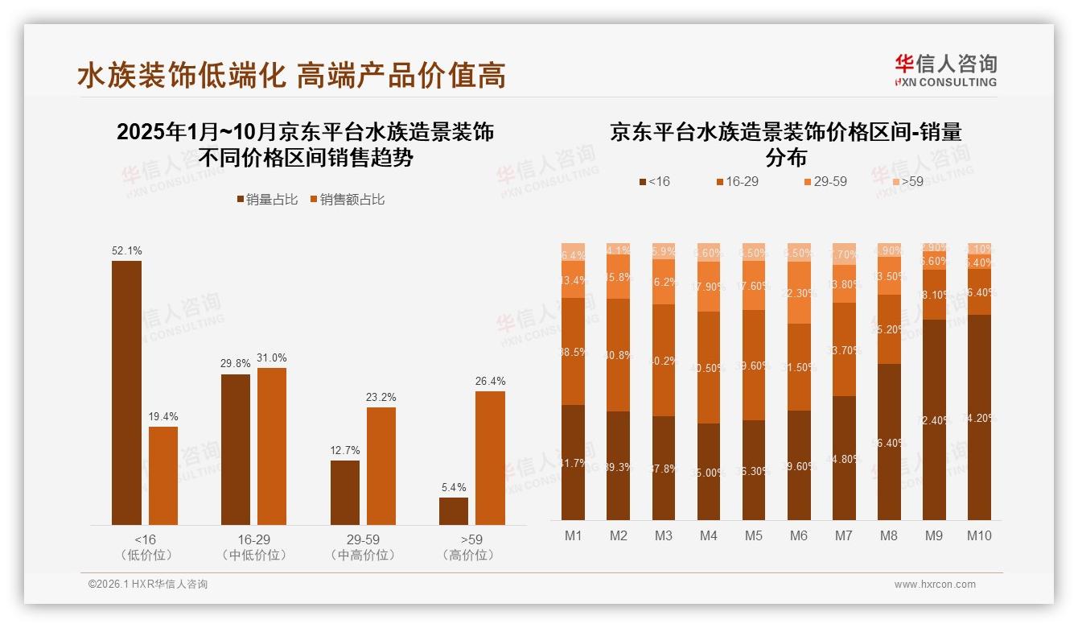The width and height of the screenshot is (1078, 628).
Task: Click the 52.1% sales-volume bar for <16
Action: tap(126, 393)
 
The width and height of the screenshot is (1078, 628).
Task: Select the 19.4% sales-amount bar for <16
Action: tap(163, 476)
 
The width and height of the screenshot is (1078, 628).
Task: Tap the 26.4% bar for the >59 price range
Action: tap(490, 458)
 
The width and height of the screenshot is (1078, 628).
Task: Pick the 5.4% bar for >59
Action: tap(454, 511)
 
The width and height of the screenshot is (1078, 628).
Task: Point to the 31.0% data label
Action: tap(272, 357)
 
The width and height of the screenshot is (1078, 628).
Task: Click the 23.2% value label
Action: tap(381, 397)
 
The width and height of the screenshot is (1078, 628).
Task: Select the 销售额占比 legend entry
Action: tap(347, 200)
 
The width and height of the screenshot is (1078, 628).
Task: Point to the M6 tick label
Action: tap(799, 536)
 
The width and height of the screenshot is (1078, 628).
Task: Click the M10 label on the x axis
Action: tap(978, 536)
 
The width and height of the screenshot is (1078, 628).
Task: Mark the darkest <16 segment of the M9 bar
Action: tap(934, 419)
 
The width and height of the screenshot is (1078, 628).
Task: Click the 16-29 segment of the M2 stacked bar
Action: tap(619, 355)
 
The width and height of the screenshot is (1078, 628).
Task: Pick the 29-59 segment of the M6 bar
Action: tap(799, 292)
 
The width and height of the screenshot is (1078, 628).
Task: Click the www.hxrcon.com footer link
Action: tap(935, 585)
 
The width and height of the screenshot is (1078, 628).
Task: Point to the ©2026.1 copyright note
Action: tap(148, 585)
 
